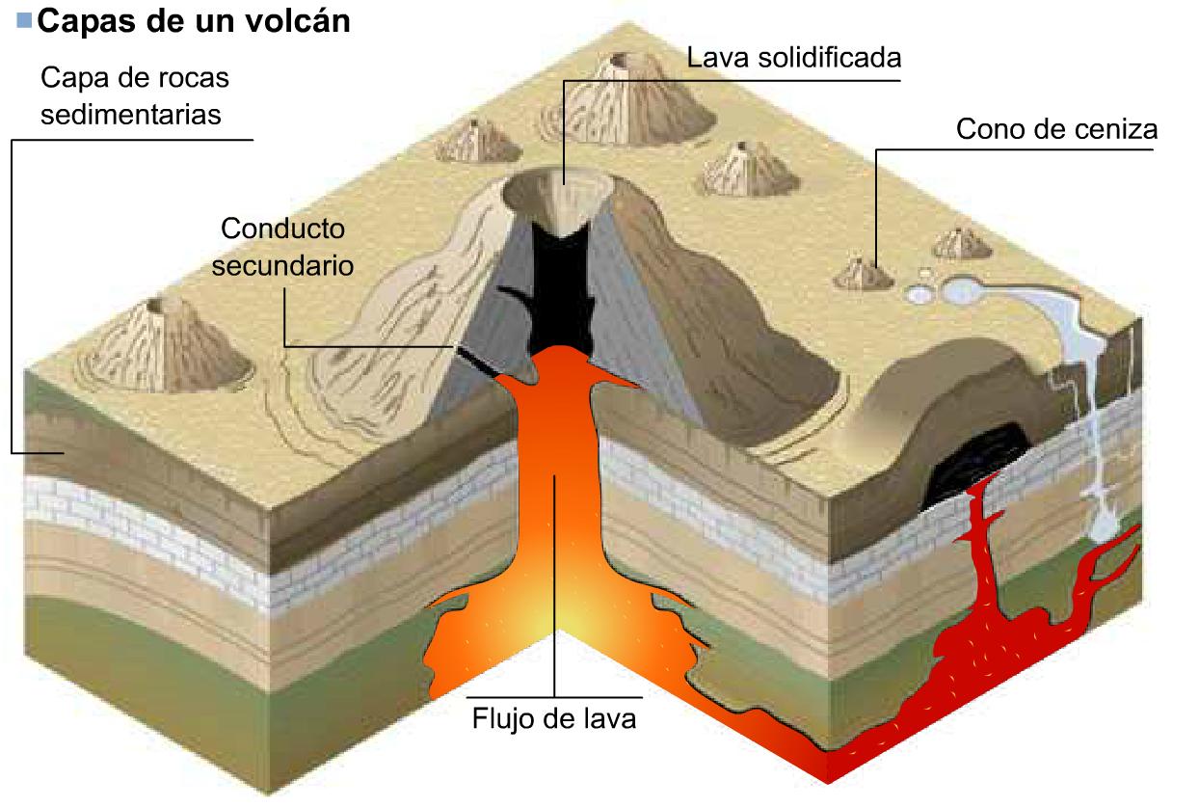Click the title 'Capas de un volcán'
pos(193,21)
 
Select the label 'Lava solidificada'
pos(793,57)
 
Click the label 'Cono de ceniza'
pos(1056,129)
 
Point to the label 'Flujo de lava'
pos(554,718)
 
